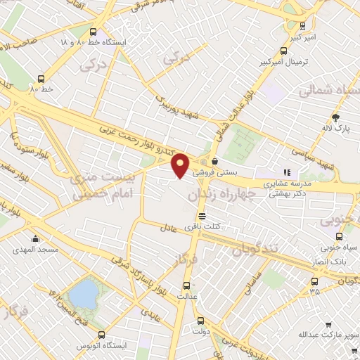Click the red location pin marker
[180, 165]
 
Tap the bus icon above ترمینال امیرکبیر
[283, 51]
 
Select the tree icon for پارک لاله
[336, 117]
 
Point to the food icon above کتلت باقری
[202, 216]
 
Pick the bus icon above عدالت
[186, 285]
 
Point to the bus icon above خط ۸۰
[41, 79]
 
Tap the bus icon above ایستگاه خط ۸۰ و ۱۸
[103, 32]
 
